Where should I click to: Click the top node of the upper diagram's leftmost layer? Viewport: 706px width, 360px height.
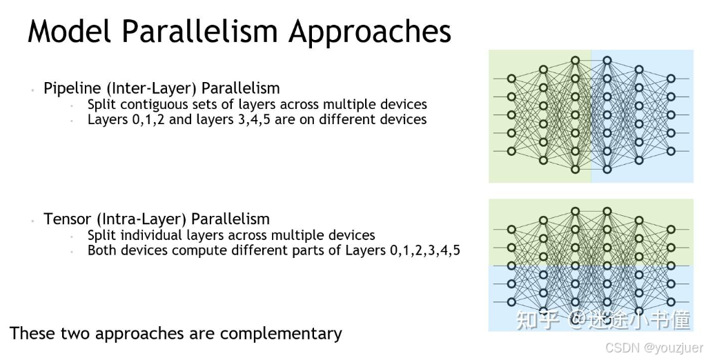point(511,79)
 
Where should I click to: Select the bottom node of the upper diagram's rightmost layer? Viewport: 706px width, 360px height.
point(670,151)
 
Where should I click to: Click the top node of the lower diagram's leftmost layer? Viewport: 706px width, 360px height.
point(511,230)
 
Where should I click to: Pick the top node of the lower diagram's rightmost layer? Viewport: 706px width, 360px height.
point(670,230)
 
